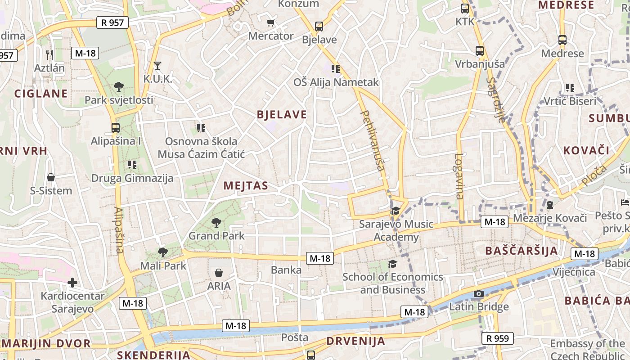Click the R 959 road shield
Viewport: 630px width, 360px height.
(x=497, y=338)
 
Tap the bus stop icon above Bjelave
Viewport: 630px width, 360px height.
(x=319, y=27)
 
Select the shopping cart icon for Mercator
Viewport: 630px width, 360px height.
(x=270, y=23)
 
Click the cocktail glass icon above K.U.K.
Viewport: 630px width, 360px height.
(x=157, y=66)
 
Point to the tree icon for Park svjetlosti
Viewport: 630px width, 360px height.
(x=119, y=86)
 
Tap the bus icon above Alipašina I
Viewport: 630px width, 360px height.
(x=116, y=128)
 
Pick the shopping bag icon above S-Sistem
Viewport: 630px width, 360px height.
(x=51, y=177)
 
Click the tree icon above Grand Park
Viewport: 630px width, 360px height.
(x=216, y=222)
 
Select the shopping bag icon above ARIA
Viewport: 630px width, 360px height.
(x=219, y=273)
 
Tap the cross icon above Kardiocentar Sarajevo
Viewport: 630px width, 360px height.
(x=72, y=283)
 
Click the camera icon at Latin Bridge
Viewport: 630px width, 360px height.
(x=479, y=294)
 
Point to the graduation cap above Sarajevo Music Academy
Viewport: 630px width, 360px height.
(x=396, y=211)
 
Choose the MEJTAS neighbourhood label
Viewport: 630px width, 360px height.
(x=246, y=186)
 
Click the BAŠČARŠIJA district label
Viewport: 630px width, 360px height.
(x=522, y=251)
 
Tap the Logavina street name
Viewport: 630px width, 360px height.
(x=459, y=176)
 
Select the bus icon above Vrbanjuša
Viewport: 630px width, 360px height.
(x=480, y=51)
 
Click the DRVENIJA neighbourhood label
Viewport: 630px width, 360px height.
(x=355, y=341)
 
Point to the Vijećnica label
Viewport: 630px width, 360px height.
(x=574, y=272)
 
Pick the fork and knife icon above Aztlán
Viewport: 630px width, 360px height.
(x=49, y=55)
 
